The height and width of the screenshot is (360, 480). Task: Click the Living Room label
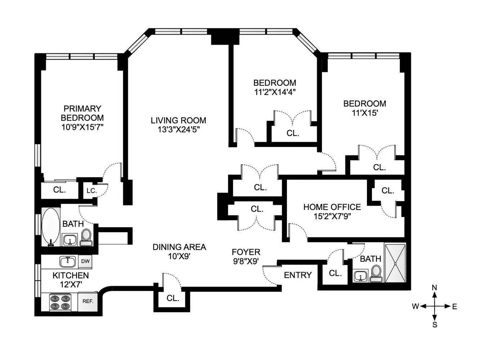coord(178,121)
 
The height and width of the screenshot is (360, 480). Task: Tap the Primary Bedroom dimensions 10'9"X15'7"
coord(82,127)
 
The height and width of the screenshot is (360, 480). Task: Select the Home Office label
coord(332,207)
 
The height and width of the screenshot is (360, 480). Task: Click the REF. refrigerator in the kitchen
coord(88,301)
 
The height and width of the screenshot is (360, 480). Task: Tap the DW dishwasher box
coord(85,261)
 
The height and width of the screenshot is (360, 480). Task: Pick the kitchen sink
coord(67,262)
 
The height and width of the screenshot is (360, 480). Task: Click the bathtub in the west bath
coord(51,227)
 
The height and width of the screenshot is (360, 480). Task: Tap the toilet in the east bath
coord(376,274)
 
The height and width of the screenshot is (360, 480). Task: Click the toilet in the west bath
coord(86,237)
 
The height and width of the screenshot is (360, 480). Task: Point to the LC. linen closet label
coord(91,191)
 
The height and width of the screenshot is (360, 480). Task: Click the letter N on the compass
coord(435,288)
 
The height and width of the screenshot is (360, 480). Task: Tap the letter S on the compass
coord(435,325)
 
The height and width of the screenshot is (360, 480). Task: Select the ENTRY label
coord(298,275)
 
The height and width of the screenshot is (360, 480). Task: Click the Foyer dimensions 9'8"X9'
coord(246,261)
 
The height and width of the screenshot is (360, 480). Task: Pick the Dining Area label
coord(179,247)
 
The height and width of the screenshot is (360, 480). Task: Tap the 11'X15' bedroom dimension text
coord(365,113)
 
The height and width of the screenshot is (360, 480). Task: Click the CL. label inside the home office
coord(388,190)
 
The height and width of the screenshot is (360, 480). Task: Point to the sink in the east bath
coord(360,276)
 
